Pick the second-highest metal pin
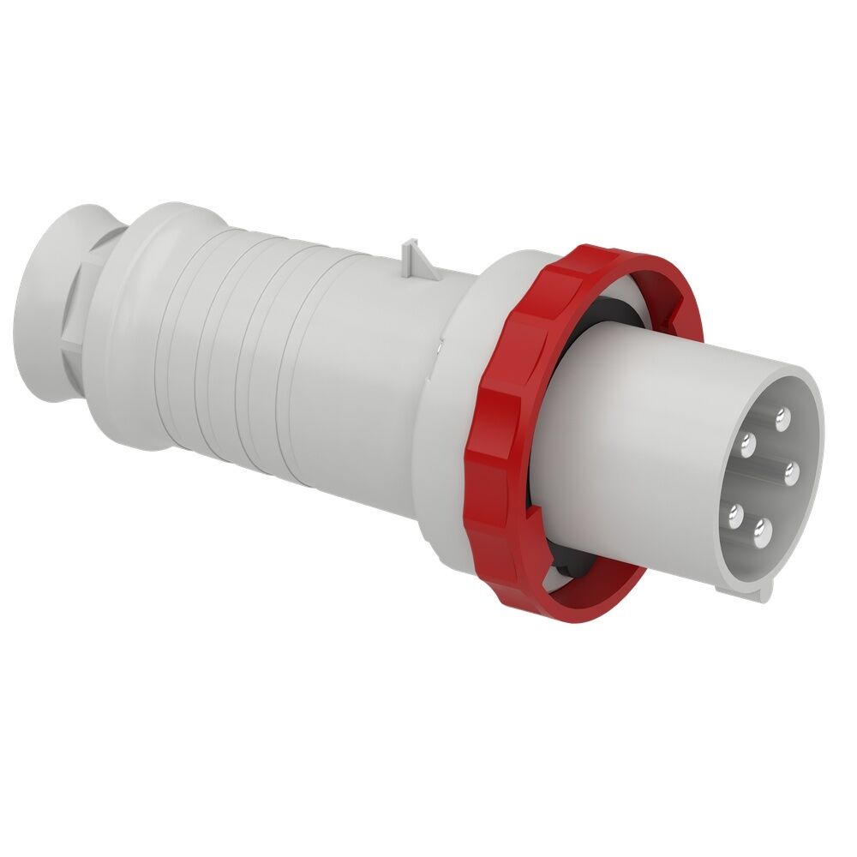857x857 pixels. coord(747,443)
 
